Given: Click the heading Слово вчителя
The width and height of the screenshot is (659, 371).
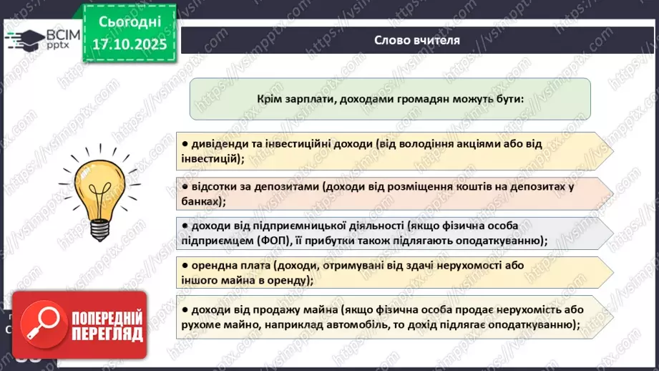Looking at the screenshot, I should coord(416,40).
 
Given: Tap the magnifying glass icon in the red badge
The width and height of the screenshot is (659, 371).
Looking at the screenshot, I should coord(42,328).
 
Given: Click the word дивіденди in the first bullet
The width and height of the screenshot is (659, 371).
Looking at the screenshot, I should coord(218,143).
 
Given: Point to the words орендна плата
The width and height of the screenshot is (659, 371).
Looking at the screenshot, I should coord(223,265).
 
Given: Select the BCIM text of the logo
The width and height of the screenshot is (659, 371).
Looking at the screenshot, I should coord(58,34).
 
